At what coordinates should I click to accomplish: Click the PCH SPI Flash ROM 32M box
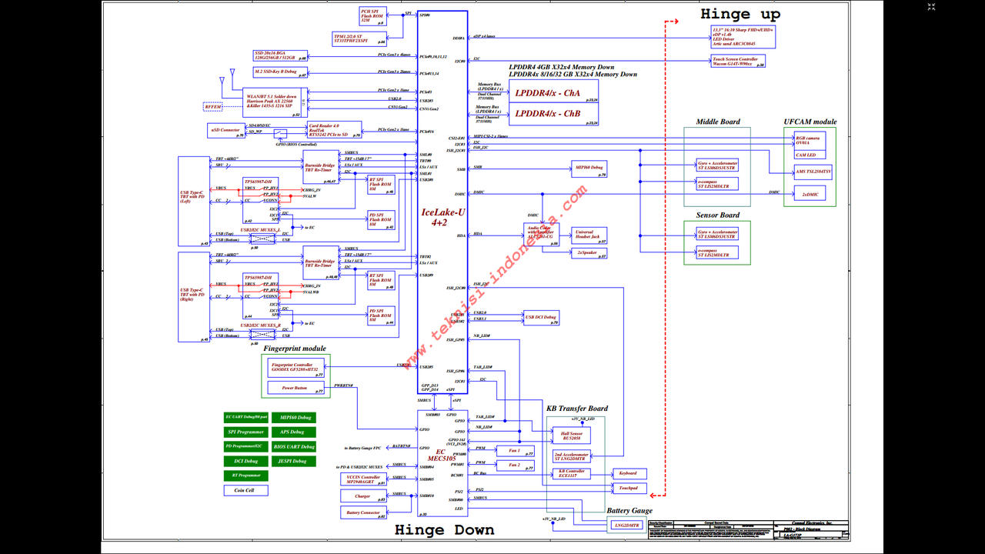pos(372,15)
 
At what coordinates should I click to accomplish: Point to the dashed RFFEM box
pos(212,106)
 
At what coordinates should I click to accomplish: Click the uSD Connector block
pos(225,130)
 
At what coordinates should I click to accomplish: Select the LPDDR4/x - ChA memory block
pos(547,93)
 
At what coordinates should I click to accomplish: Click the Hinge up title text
pos(740,14)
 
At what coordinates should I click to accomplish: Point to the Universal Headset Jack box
pos(589,235)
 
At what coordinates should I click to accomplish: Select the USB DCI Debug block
pos(539,317)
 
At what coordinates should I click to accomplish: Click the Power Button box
pos(294,389)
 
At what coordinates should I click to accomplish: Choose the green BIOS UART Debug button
pos(293,446)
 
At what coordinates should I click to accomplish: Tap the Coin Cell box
pos(245,490)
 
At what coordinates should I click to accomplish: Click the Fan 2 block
pos(514,466)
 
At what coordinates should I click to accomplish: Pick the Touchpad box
pos(627,489)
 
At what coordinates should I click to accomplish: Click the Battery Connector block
pos(362,512)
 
